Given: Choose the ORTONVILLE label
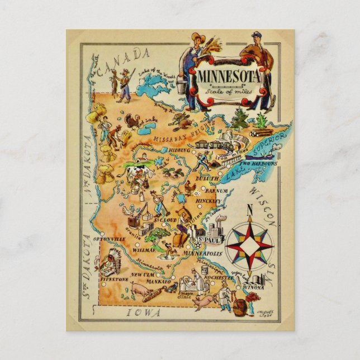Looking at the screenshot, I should click(109, 239).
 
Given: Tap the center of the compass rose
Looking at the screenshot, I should click(249, 245).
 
